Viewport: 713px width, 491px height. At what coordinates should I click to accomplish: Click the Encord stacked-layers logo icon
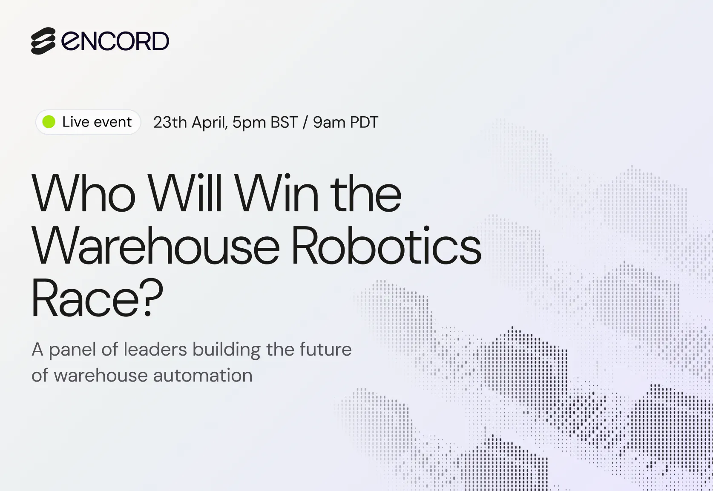43,41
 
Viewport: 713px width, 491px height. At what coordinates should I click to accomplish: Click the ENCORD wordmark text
115,41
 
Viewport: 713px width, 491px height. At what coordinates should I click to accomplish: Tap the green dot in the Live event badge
49,121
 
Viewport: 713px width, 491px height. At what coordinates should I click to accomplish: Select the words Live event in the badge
97,122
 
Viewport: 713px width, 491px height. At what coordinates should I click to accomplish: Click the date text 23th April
190,123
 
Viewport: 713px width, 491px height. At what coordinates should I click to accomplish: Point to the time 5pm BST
265,123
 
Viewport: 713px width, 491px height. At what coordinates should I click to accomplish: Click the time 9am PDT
345,123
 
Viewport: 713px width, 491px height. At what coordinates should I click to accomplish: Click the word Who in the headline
83,193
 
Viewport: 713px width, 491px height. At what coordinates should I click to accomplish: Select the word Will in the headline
185,193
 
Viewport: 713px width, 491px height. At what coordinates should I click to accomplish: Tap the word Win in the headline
277,193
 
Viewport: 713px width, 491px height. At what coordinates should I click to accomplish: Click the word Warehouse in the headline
155,245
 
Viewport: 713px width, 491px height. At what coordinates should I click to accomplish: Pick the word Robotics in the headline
386,245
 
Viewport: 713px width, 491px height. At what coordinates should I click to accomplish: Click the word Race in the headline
85,298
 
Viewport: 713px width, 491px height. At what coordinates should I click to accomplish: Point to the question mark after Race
152,297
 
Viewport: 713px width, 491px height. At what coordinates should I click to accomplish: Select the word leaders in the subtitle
155,349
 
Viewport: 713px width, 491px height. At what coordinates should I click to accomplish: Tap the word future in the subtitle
325,350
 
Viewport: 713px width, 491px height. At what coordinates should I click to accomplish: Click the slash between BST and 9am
305,123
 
